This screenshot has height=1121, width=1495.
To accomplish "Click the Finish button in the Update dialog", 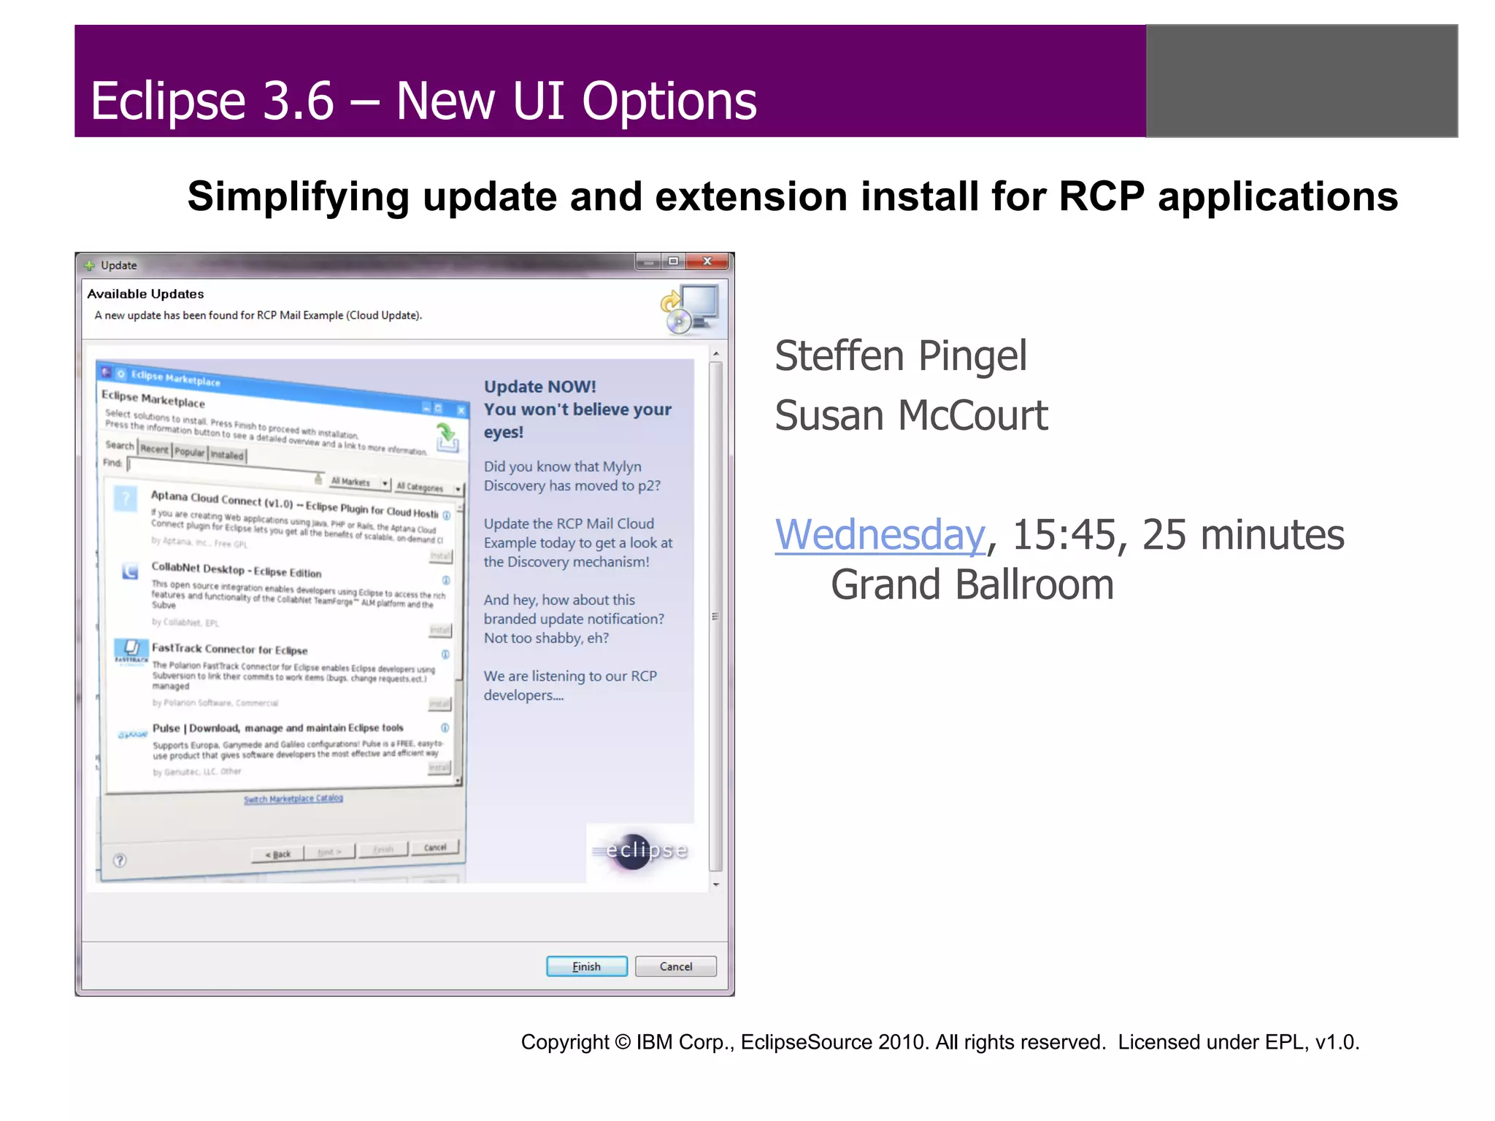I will [586, 966].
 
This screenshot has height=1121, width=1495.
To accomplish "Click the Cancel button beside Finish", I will [675, 966].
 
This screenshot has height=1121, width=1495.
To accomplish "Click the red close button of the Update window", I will [707, 261].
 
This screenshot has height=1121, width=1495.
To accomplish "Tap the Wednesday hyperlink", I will [880, 535].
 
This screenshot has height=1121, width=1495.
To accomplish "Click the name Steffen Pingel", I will [900, 356].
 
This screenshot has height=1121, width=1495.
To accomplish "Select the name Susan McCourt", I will [910, 416].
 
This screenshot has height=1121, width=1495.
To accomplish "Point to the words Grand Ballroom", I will [972, 585].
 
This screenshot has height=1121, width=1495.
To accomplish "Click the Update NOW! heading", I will [539, 387].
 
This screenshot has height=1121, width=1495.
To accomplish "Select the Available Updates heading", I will [145, 294].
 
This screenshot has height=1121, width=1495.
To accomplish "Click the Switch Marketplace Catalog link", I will [293, 799].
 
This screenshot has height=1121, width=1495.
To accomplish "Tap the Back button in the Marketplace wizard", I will [277, 854].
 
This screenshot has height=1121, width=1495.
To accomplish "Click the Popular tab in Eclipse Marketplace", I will [190, 452].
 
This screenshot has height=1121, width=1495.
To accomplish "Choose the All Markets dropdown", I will [358, 482].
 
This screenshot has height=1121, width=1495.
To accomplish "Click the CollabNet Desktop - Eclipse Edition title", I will [236, 571].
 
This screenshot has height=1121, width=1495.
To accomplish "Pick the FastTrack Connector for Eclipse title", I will [229, 649].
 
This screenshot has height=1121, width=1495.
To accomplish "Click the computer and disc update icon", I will [690, 309].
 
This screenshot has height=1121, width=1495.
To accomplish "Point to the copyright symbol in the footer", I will [622, 1042].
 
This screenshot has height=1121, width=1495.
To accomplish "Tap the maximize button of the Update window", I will [673, 261].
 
